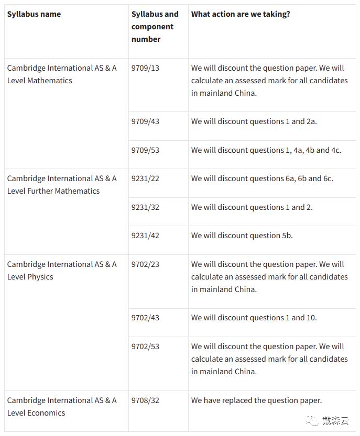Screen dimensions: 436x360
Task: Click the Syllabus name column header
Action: point(34,14)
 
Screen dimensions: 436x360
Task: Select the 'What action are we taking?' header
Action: point(241,14)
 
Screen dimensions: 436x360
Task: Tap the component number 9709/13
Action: point(145,68)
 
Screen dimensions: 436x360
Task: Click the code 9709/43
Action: point(145,121)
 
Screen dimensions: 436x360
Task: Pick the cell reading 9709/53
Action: point(145,150)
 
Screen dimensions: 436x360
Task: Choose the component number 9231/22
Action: point(145,178)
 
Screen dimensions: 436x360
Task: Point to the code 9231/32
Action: point(145,207)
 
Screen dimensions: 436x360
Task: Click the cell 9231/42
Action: point(145,236)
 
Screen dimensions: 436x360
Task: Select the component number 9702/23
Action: point(145,264)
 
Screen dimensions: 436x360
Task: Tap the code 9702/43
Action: point(145,318)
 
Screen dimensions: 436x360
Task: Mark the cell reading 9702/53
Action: point(145,346)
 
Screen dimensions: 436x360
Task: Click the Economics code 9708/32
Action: point(145,400)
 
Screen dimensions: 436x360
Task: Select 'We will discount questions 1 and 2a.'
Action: point(254,121)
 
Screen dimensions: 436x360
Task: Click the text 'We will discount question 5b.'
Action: point(242,236)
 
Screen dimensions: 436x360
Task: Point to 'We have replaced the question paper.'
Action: point(256,400)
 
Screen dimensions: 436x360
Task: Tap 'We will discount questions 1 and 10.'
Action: point(254,318)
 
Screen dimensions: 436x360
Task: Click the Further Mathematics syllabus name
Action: point(62,185)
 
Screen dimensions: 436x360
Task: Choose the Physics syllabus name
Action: point(62,271)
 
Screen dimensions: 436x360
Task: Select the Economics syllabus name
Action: point(62,407)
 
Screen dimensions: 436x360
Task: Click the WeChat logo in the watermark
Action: point(312,420)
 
